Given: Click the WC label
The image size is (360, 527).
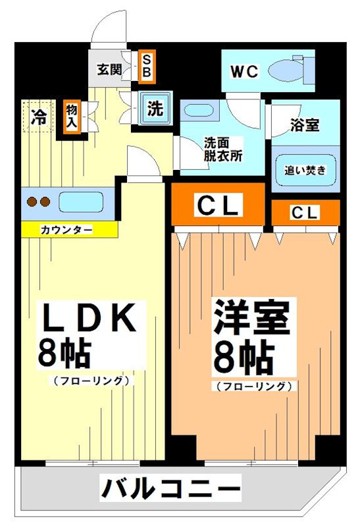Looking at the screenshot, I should (245, 70).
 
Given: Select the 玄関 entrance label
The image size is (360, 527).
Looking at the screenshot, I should (109, 69).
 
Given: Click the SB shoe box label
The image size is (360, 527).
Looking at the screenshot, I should (146, 67).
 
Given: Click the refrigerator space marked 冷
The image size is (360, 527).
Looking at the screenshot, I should (39, 117).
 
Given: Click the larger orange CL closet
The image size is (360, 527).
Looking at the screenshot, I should (218, 206).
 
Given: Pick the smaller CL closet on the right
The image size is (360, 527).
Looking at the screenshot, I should (305, 213).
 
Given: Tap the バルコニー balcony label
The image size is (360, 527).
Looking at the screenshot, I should (170, 489).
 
